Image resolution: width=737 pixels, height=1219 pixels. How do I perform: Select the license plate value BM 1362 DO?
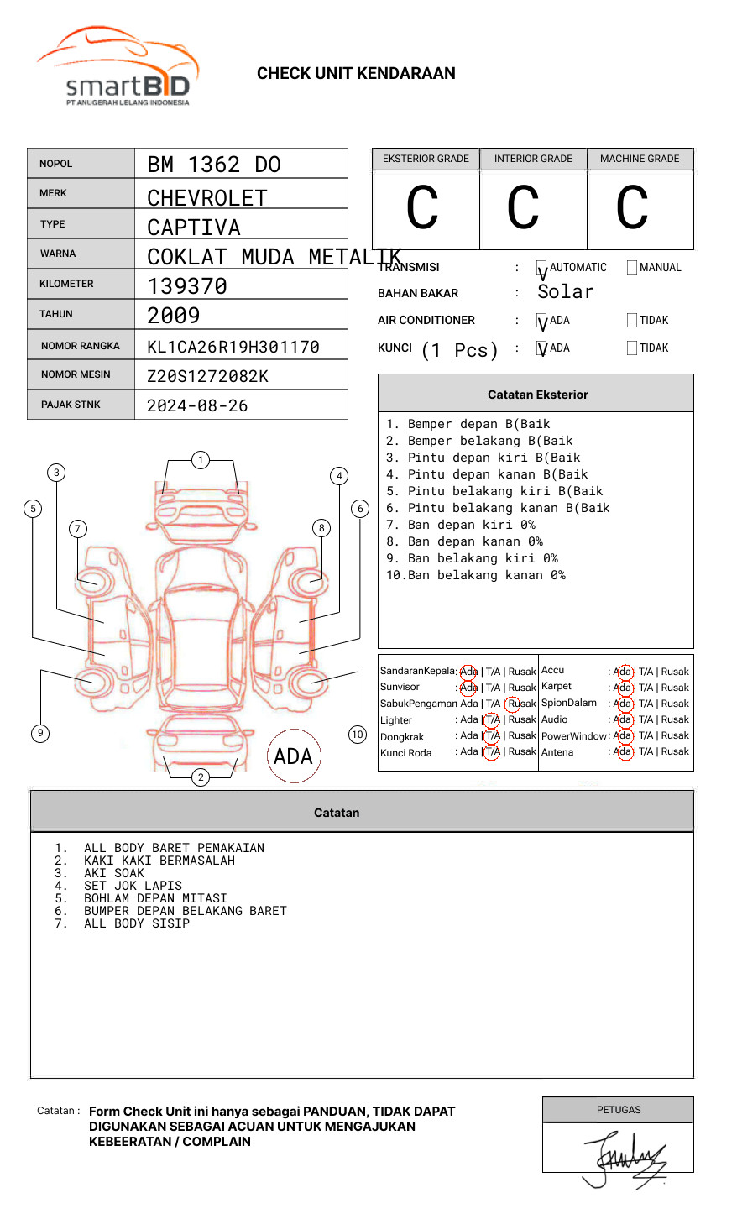(x=214, y=165)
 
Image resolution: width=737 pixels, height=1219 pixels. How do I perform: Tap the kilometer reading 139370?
(x=187, y=286)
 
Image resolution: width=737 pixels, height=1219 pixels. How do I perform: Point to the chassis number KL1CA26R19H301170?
(x=233, y=347)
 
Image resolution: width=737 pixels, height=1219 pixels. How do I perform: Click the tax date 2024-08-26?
(x=197, y=405)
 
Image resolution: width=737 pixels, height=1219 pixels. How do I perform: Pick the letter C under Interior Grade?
(x=523, y=208)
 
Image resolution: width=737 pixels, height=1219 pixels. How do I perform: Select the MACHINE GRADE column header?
(x=640, y=159)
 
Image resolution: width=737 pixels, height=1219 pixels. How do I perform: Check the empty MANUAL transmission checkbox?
(x=632, y=268)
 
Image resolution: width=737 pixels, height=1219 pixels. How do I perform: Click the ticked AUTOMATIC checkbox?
(x=541, y=268)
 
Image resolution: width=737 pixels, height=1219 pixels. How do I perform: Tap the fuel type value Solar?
(x=566, y=292)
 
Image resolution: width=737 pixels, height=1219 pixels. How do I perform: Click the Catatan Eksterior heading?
(x=537, y=395)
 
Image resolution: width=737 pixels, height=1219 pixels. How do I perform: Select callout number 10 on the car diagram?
(x=358, y=735)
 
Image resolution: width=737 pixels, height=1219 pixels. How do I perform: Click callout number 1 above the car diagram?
(x=200, y=459)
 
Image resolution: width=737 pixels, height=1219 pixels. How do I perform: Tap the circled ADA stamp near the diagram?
(x=293, y=756)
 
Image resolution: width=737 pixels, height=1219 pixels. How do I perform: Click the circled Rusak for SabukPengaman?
(x=520, y=704)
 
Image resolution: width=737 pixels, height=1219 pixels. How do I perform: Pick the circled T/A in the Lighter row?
(x=492, y=719)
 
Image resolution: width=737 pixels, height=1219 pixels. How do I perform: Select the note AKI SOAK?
(x=114, y=873)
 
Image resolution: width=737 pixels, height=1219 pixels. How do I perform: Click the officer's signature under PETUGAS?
(x=625, y=1159)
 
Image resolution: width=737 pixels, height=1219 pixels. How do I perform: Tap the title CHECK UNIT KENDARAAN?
(x=356, y=74)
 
